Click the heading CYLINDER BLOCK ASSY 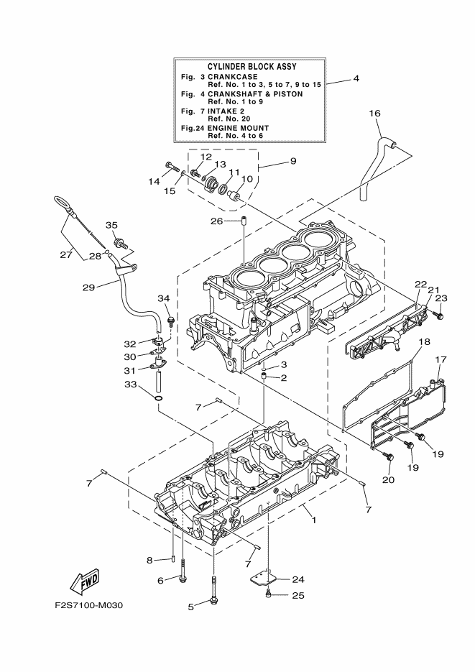click(248, 66)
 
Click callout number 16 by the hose click(374, 113)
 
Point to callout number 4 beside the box click(356, 78)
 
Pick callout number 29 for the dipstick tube click(88, 287)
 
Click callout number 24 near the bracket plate click(298, 579)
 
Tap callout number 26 click(217, 221)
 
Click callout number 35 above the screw click(112, 225)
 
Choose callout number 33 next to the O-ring click(130, 385)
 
